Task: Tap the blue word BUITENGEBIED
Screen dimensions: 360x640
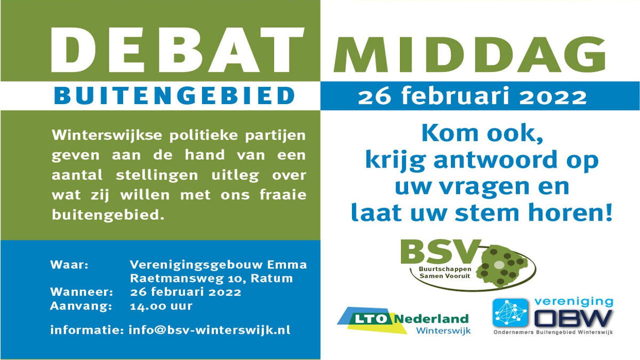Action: (x=175, y=96)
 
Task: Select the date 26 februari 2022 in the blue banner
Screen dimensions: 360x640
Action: (x=472, y=97)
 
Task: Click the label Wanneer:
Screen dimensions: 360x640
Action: (x=81, y=292)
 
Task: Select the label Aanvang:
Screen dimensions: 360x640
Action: (x=81, y=306)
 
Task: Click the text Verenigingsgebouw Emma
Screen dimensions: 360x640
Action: (x=218, y=265)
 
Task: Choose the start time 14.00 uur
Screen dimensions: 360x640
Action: (x=161, y=306)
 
